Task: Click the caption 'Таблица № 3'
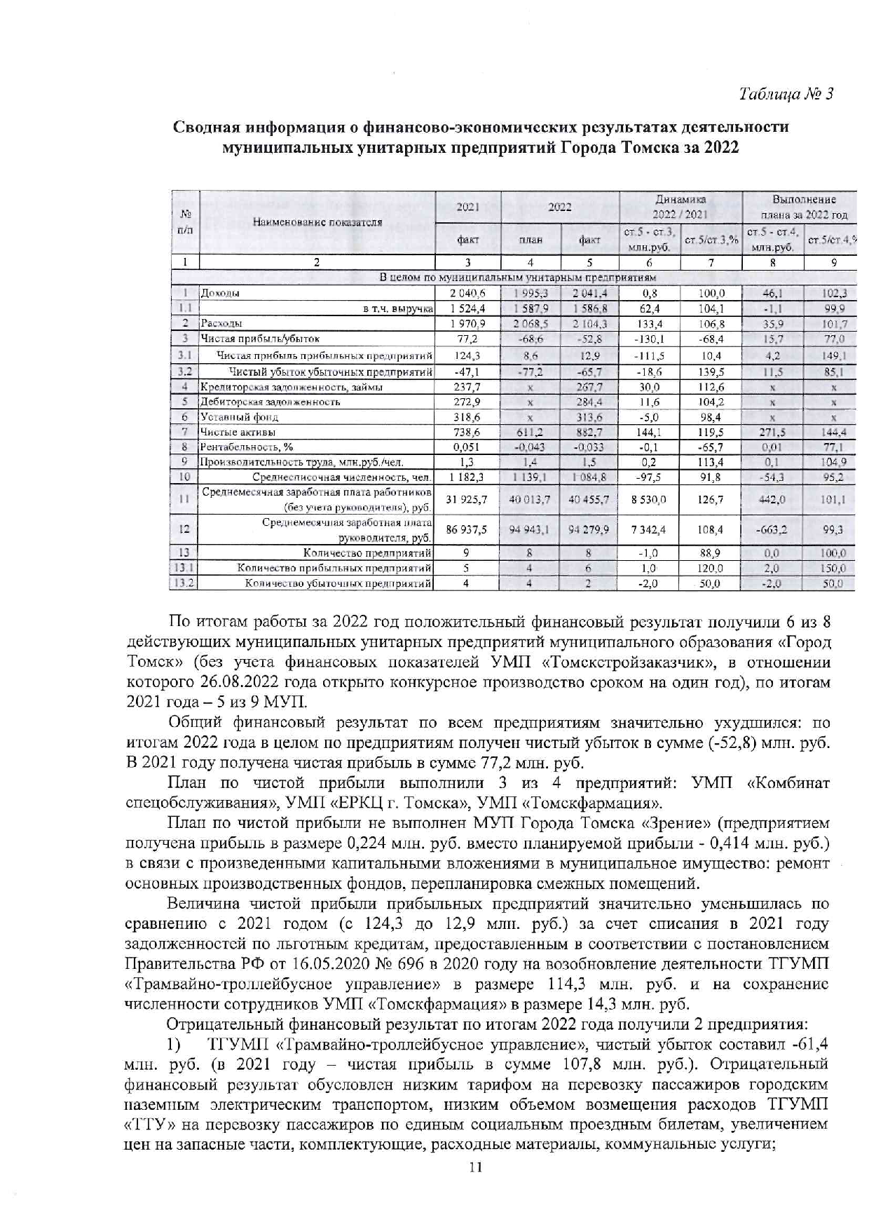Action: (x=786, y=94)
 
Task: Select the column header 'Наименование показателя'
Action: (x=317, y=222)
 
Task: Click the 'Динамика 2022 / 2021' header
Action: (x=680, y=207)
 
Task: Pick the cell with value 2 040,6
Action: (x=467, y=294)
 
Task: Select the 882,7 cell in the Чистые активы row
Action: (x=589, y=433)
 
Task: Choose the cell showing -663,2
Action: (x=772, y=530)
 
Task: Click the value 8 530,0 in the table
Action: (x=648, y=500)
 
